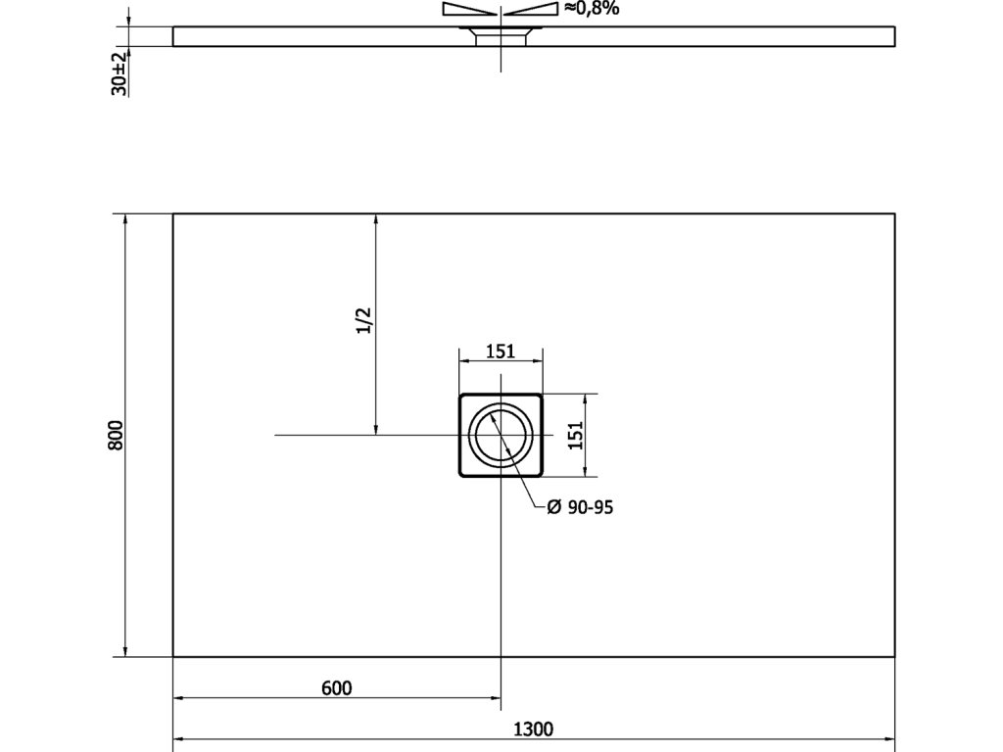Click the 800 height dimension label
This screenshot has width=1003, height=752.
[x=116, y=436]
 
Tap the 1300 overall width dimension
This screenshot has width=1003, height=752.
[x=534, y=728]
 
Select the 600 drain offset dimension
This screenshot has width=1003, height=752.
[x=337, y=688]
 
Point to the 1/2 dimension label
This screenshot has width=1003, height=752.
[x=363, y=321]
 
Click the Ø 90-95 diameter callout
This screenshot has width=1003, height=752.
[x=580, y=507]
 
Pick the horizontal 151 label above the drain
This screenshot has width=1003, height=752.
[x=501, y=352]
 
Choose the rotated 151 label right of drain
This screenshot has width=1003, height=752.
[x=576, y=436]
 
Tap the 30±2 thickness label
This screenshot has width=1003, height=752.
[x=119, y=74]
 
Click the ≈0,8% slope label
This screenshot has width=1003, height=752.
[x=592, y=8]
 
